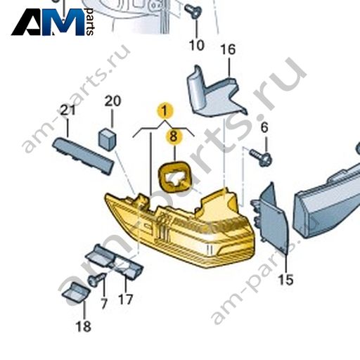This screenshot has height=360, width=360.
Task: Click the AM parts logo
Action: tap(53, 22)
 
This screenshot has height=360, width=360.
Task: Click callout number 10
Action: tap(197, 45)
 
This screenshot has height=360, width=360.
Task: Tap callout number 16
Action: tap(228, 50)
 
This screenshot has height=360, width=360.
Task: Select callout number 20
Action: tap(112, 101)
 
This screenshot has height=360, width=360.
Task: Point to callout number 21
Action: tap(68, 110)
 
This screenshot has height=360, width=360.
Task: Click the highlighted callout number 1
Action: tap(165, 110)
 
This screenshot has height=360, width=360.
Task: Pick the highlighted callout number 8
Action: tap(174, 136)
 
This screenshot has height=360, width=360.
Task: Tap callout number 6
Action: tap(264, 127)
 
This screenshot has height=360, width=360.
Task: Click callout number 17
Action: tap(126, 300)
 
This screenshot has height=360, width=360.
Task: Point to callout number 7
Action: tap(104, 304)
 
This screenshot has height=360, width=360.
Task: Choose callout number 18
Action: tap(84, 326)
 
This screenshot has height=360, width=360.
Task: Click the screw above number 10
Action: tap(193, 11)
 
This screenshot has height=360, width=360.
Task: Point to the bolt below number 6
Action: tap(261, 157)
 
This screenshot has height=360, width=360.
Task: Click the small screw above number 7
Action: tap(97, 280)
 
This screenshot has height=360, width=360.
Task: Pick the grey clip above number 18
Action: tap(76, 292)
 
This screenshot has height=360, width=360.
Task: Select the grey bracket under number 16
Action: tap(214, 94)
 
